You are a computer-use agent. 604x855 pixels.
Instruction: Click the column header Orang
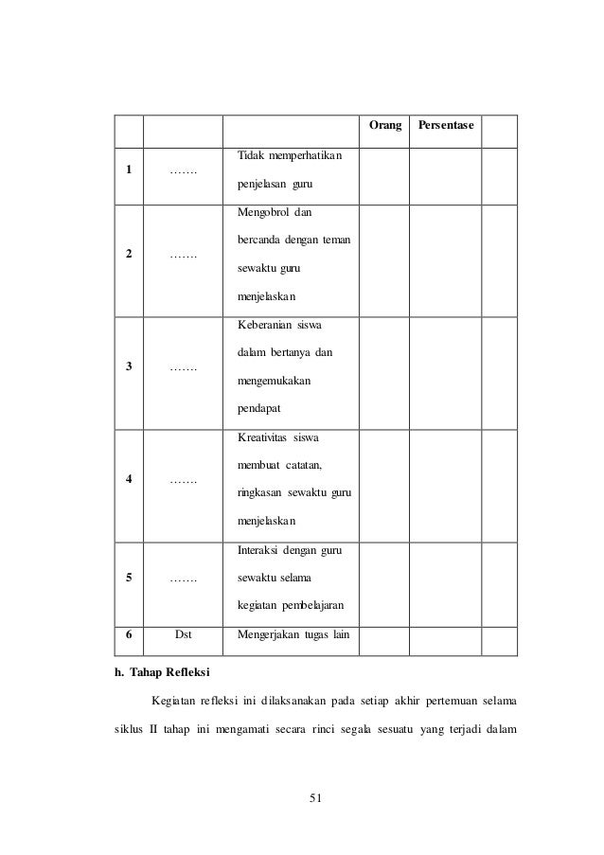pyautogui.click(x=383, y=126)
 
